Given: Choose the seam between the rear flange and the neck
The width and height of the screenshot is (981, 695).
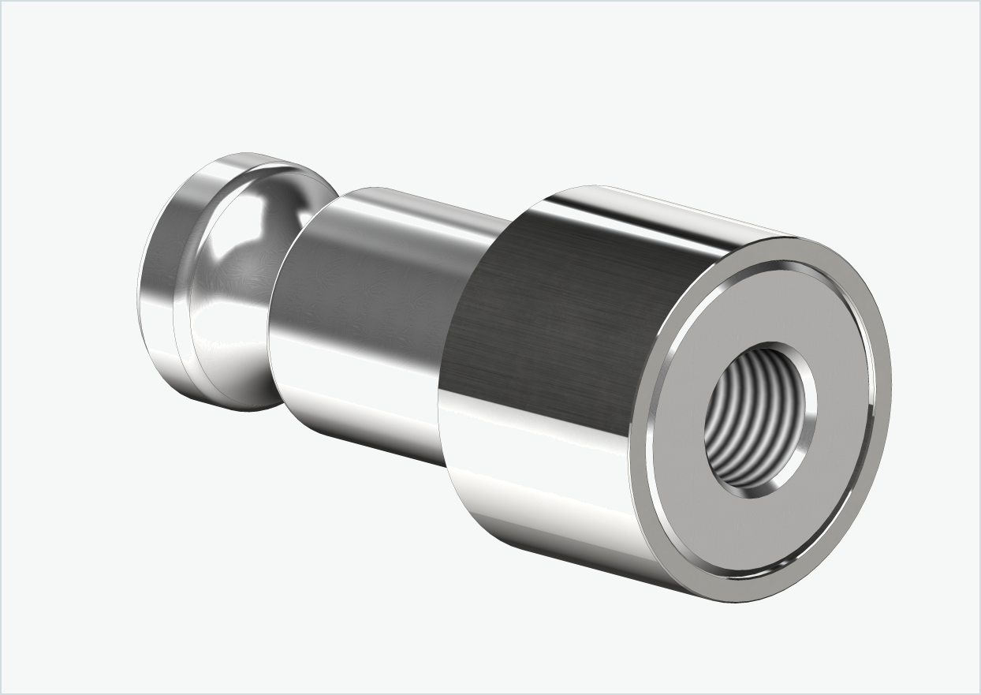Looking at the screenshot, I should pos(188,316).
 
